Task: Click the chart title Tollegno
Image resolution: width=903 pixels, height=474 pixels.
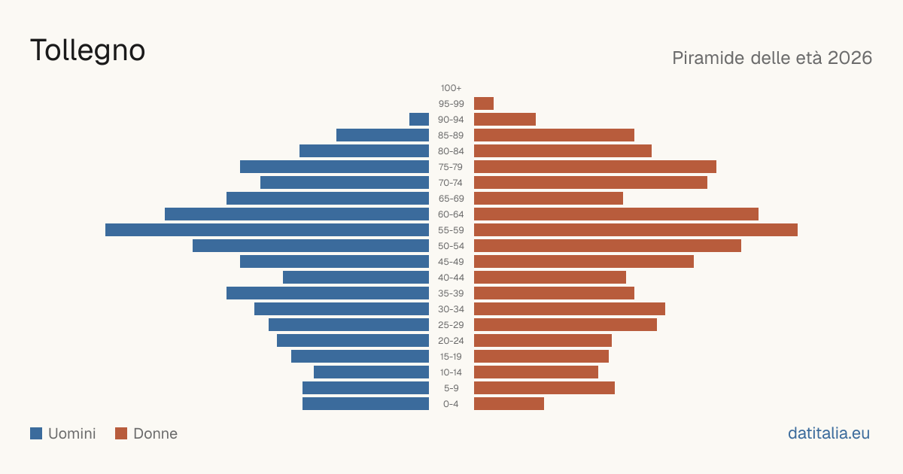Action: pyautogui.click(x=87, y=51)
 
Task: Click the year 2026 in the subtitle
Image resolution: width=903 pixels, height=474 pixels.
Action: pyautogui.click(x=850, y=58)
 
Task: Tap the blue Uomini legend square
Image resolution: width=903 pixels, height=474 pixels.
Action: pyautogui.click(x=36, y=433)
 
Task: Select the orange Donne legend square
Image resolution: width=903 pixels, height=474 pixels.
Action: pyautogui.click(x=121, y=433)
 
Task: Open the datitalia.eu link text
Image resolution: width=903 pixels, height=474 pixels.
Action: pyautogui.click(x=829, y=433)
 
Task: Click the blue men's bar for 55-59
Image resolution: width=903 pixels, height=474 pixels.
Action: pyautogui.click(x=267, y=229)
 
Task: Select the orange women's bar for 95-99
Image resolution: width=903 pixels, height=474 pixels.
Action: pyautogui.click(x=484, y=104)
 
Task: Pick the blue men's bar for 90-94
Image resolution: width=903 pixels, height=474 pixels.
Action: pyautogui.click(x=419, y=120)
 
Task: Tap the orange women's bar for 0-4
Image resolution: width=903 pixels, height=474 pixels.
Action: pyautogui.click(x=509, y=404)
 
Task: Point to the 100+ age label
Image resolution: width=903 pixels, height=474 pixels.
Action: pyautogui.click(x=451, y=88)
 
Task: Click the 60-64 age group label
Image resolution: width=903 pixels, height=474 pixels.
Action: pyautogui.click(x=451, y=214)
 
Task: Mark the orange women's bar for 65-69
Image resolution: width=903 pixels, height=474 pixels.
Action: pyautogui.click(x=549, y=199)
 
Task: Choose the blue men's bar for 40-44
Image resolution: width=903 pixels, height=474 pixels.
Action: pyautogui.click(x=356, y=278)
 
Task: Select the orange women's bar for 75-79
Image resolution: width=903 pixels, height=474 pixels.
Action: pyautogui.click(x=595, y=167)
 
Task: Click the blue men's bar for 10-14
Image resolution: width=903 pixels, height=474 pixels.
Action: pyautogui.click(x=371, y=372)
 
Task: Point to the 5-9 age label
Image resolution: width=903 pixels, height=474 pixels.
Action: pyautogui.click(x=451, y=388)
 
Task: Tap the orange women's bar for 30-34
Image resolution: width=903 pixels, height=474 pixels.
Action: pyautogui.click(x=570, y=308)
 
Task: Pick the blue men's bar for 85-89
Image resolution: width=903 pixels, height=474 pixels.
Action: pyautogui.click(x=382, y=135)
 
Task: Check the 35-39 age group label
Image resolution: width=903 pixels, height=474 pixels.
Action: pyautogui.click(x=451, y=293)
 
